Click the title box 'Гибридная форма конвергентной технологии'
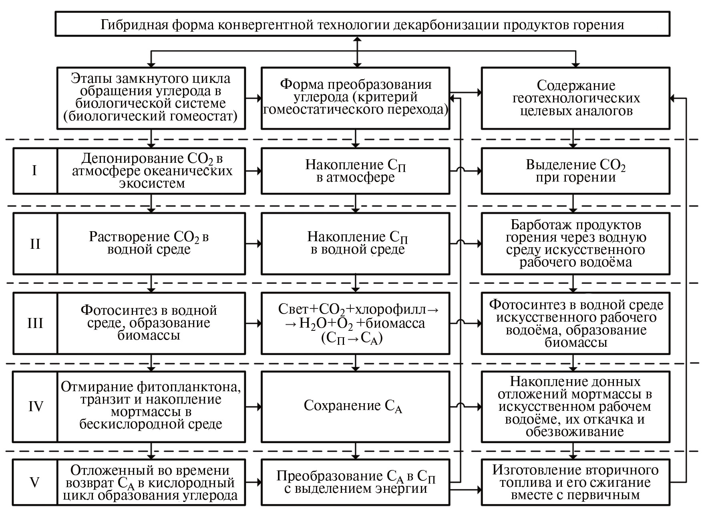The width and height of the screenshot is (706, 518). (362, 24)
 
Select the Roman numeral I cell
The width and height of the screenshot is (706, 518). (35, 171)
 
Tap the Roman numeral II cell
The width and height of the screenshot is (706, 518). (35, 244)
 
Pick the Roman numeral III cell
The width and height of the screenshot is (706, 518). (35, 323)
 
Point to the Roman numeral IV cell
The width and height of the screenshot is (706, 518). (35, 407)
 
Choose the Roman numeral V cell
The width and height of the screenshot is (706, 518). (35, 482)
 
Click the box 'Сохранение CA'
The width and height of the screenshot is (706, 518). (355, 407)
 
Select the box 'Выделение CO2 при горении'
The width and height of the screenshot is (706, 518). (575, 171)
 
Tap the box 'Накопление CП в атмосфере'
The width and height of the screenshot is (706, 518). (355, 171)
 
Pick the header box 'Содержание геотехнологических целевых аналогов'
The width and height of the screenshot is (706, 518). (575, 98)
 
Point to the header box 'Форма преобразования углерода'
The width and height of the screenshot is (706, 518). (355, 98)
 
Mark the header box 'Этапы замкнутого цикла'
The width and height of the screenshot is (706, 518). (151, 98)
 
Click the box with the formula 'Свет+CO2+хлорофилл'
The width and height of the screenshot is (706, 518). (355, 323)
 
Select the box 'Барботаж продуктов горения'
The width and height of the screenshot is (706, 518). (575, 244)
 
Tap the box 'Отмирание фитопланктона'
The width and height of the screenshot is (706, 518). (151, 407)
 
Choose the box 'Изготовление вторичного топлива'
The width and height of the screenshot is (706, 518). (575, 482)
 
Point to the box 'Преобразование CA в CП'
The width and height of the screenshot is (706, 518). (355, 482)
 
